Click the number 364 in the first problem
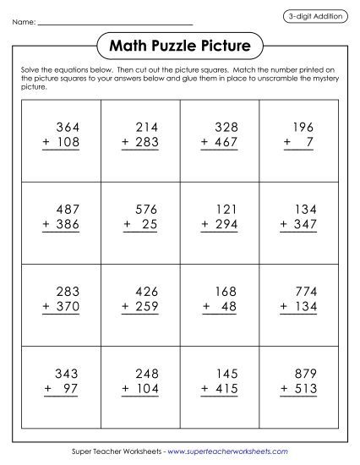pos(67,128)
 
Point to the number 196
pos(302,128)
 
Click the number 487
pos(67,209)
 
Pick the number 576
pos(146,209)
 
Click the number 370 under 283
pos(67,306)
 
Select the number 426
pos(146,291)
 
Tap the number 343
pos(67,372)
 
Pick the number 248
pos(146,372)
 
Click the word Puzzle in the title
pos(181,44)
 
